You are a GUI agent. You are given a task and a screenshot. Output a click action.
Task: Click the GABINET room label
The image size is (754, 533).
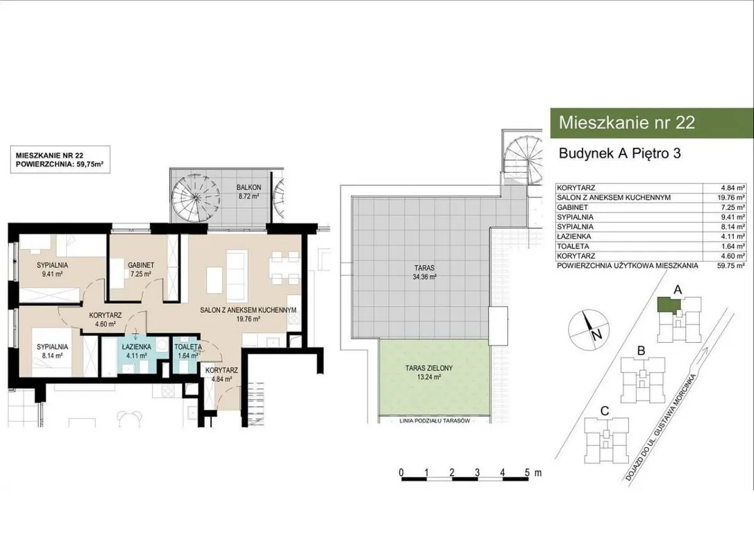click(x=141, y=265)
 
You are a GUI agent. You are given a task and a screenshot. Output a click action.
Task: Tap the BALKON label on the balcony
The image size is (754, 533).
click(x=249, y=187)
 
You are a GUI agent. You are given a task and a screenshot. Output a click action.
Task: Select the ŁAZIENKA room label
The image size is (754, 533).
click(x=137, y=346)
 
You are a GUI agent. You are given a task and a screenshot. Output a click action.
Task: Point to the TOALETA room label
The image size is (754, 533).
click(x=188, y=346)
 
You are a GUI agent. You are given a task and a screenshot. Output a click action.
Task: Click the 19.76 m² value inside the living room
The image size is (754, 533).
click(x=248, y=319)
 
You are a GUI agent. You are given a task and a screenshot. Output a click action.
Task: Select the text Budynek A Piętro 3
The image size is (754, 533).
click(x=620, y=153)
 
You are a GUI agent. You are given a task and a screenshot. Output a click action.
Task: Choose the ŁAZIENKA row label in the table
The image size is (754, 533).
click(x=573, y=237)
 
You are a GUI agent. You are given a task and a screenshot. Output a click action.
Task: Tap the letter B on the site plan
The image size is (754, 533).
click(x=641, y=351)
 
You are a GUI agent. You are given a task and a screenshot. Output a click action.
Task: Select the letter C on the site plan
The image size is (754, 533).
click(x=605, y=412)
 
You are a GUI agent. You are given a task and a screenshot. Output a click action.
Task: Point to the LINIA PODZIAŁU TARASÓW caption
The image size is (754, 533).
click(x=434, y=421)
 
